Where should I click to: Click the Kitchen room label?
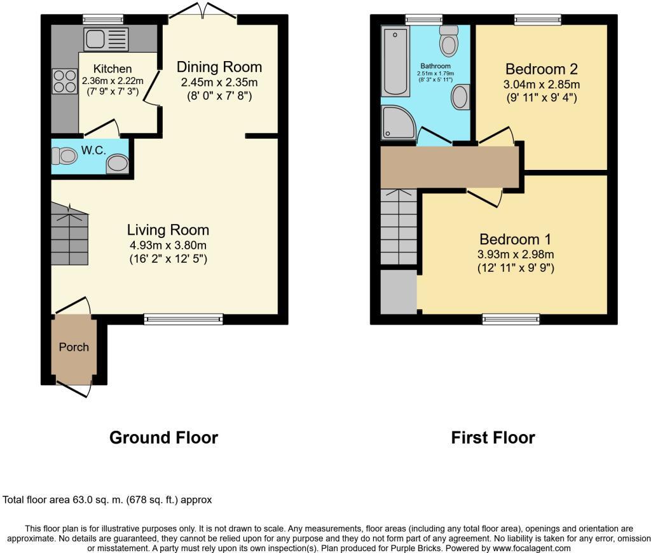(113, 69)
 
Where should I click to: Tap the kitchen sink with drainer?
(106, 39)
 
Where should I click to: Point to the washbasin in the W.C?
(117, 164)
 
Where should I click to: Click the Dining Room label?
(219, 67)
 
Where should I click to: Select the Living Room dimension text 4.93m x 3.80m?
(167, 246)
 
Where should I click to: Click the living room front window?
(184, 319)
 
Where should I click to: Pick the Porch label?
(74, 347)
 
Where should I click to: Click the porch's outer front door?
(73, 387)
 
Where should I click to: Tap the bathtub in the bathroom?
(395, 61)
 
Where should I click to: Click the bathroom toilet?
(449, 41)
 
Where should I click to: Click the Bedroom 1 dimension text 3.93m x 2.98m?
(516, 255)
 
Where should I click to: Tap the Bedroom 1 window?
(511, 319)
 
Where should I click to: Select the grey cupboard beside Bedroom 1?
(398, 291)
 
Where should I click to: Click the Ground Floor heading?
(163, 438)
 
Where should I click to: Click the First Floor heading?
(493, 438)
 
